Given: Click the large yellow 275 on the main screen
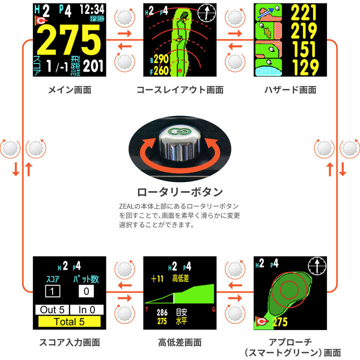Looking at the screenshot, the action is coord(69,39).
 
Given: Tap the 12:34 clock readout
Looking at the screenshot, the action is coord(92,10).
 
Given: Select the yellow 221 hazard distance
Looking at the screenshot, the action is coord(303,13).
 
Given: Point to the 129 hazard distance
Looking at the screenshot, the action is coord(305,67).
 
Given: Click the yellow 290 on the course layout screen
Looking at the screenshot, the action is coord(161,59).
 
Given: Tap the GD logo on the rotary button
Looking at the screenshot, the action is coord(180,131).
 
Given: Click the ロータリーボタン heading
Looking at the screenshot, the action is coord(180,192).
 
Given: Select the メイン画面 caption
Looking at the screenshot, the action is coord(69,90).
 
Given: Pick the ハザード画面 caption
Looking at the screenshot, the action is coord(290,90).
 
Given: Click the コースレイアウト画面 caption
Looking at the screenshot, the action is coord(180,90).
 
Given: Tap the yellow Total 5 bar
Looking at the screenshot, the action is coord(69,321).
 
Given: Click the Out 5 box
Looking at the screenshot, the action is coord(52,309).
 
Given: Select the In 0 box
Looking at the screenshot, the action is coord(87,309).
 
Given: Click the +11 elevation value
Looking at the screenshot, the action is coord(157,278).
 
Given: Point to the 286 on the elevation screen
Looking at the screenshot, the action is coord(162,312).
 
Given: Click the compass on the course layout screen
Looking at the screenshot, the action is coord(207,13).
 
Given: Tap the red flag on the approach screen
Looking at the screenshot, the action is coord(261,321).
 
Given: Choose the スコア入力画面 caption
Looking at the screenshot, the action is coord(69,342).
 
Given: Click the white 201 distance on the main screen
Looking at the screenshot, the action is coord(93,66).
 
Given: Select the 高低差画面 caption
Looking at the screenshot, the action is coord(180,342).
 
